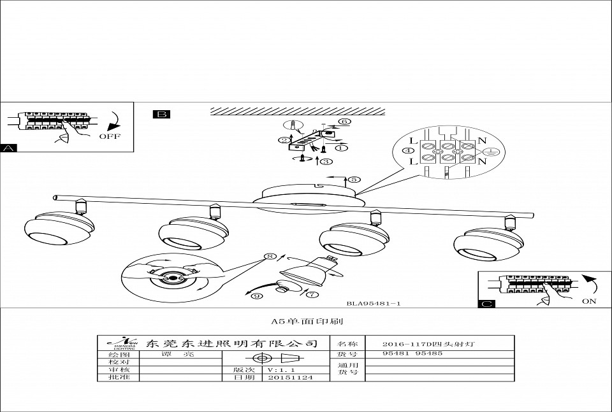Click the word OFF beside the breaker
(110, 136)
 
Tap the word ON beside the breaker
(589, 301)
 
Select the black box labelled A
(9, 148)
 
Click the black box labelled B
(161, 115)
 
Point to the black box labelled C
(486, 304)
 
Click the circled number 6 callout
(344, 122)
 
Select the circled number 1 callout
(342, 148)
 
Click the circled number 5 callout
(355, 180)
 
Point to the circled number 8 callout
(272, 257)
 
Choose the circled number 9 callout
(256, 296)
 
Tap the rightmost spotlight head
(488, 245)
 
